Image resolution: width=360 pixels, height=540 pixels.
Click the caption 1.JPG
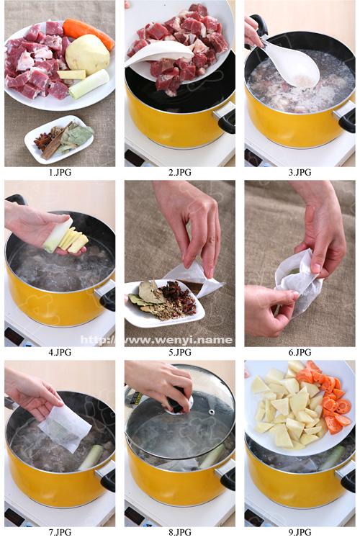pyautogui.click(x=60, y=172)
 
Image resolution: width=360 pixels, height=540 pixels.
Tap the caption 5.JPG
pyautogui.click(x=180, y=352)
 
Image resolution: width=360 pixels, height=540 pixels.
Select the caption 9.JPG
pyautogui.click(x=300, y=532)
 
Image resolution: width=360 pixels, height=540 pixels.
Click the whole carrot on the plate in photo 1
pyautogui.click(x=88, y=32)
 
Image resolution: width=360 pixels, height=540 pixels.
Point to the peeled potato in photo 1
pyautogui.click(x=87, y=54)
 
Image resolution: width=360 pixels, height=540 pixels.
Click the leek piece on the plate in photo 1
pyautogui.click(x=89, y=84)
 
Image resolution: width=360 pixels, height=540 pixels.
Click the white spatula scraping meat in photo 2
pyautogui.click(x=159, y=53)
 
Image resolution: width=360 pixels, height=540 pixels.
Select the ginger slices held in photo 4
pyautogui.click(x=73, y=239)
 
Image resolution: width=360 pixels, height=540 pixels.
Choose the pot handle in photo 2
pyautogui.click(x=225, y=117)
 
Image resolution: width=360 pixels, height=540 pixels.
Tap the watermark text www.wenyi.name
pyautogui.click(x=157, y=340)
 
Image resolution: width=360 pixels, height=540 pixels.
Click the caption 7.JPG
pyautogui.click(x=60, y=532)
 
